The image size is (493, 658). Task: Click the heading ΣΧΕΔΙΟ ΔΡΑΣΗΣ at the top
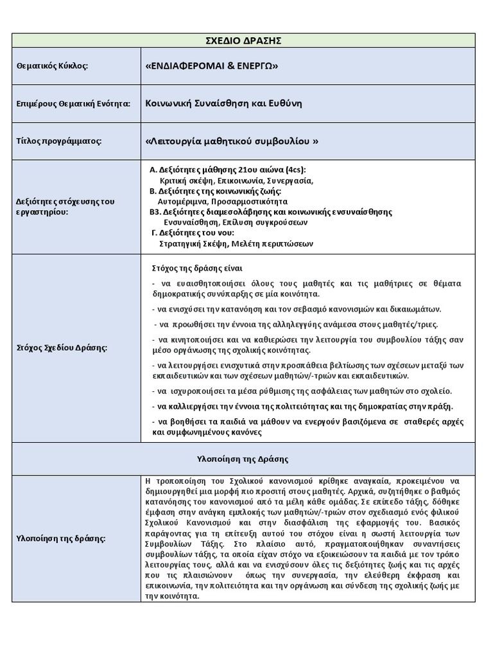(x=245, y=41)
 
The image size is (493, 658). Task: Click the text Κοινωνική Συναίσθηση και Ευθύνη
(x=223, y=103)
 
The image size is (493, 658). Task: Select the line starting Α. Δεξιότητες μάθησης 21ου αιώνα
(x=228, y=170)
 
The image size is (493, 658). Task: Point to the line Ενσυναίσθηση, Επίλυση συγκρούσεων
(x=236, y=222)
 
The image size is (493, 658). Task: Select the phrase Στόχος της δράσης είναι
(x=197, y=267)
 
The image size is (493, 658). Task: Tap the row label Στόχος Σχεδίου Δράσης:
(x=61, y=348)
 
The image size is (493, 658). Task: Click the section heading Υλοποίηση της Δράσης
(x=243, y=459)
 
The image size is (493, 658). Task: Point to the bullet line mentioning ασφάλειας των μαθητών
(x=302, y=391)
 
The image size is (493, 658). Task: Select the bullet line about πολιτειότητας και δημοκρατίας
(x=302, y=406)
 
